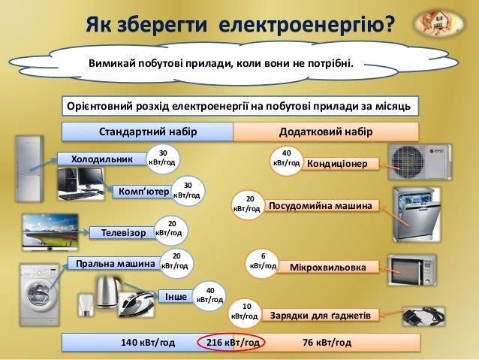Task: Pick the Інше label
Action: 175,296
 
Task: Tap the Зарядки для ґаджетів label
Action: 320,315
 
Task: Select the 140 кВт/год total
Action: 148,343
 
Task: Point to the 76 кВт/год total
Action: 327,343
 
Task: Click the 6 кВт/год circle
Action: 263,261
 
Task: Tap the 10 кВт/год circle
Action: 246,311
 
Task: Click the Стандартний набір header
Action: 148,132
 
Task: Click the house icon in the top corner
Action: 438,25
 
